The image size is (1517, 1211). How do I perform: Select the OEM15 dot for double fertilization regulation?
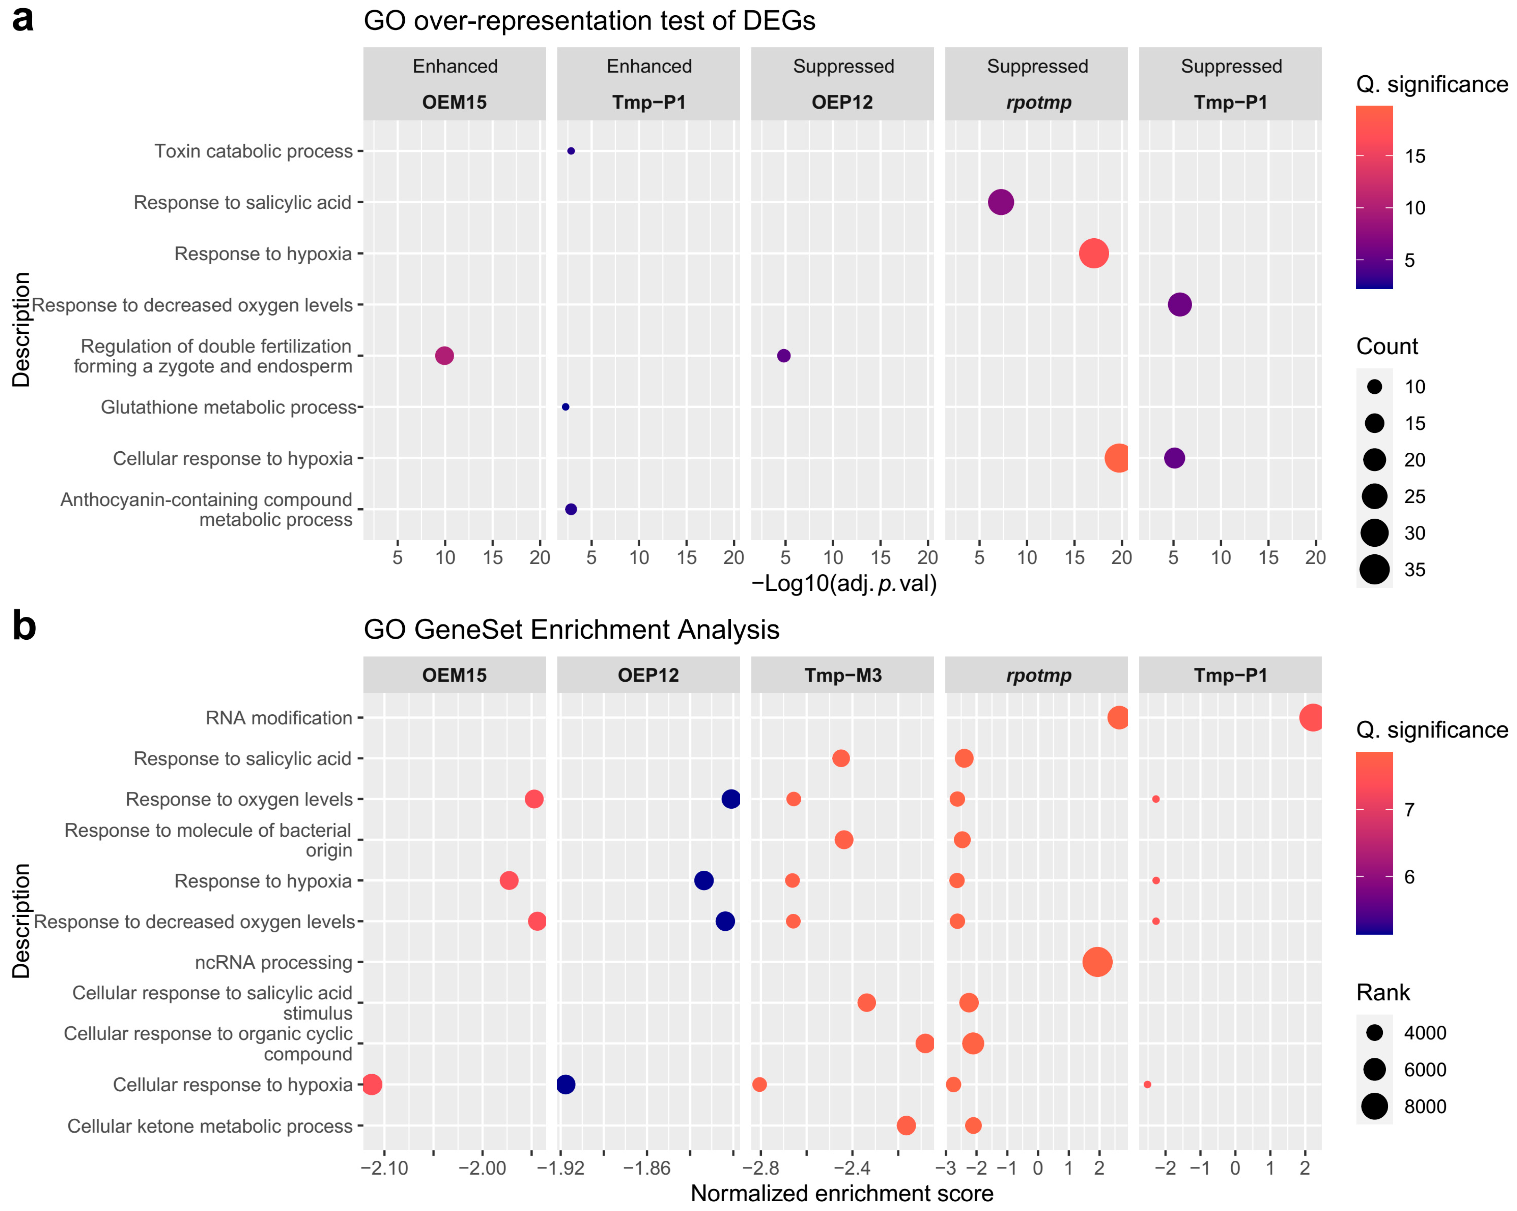(444, 356)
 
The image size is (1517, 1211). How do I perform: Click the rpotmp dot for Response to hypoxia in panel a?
(1094, 253)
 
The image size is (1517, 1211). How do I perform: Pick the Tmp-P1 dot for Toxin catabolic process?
(571, 151)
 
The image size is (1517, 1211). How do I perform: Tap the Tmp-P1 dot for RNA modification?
(1312, 717)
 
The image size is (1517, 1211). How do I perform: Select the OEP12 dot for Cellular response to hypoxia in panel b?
(566, 1084)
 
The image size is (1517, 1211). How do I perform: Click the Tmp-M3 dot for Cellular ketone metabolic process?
(906, 1125)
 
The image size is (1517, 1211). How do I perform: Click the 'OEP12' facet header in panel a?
(842, 102)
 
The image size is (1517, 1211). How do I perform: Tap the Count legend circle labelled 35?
(1374, 570)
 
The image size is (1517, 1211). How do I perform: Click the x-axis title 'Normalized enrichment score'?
(842, 1193)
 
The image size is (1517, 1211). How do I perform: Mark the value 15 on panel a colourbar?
(1414, 156)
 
